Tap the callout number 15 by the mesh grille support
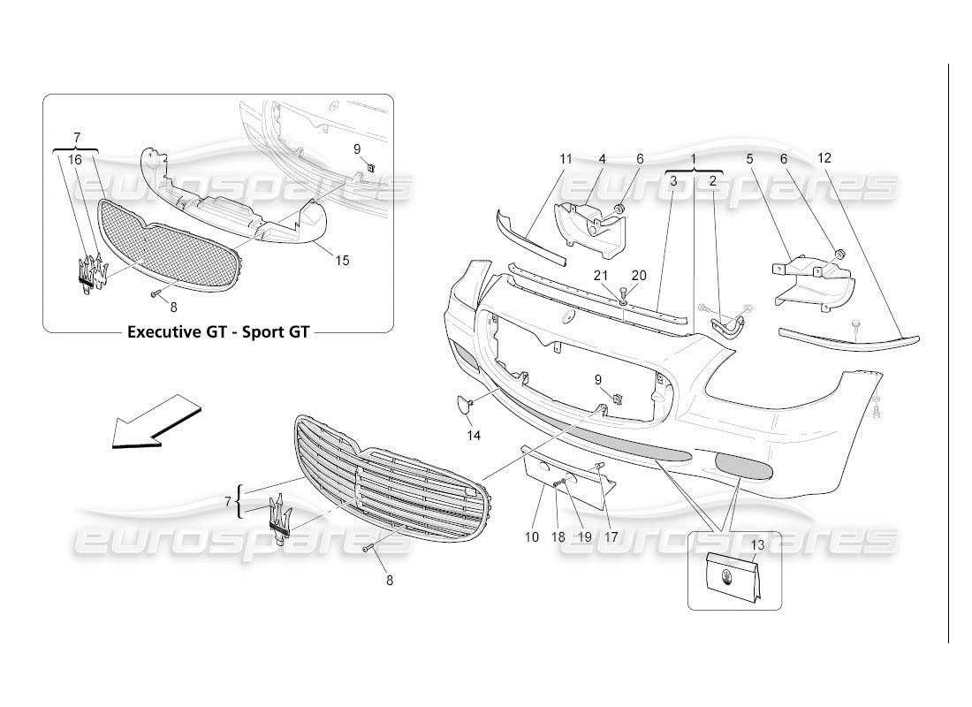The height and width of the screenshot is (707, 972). tap(342, 260)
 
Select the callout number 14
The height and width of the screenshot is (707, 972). tap(474, 435)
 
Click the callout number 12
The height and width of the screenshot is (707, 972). tap(824, 158)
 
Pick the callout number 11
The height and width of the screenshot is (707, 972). tap(566, 159)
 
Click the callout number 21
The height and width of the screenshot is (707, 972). tap(601, 276)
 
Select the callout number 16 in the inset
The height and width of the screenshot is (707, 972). tap(75, 159)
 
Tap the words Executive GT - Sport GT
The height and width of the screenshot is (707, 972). tap(218, 333)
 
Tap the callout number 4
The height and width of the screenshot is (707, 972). tap(602, 159)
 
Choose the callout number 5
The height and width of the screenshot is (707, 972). tap(749, 159)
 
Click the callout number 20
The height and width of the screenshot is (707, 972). tap(639, 276)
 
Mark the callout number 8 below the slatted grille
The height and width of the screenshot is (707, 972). tap(389, 581)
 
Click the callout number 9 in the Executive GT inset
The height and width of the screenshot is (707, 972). tap(357, 148)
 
